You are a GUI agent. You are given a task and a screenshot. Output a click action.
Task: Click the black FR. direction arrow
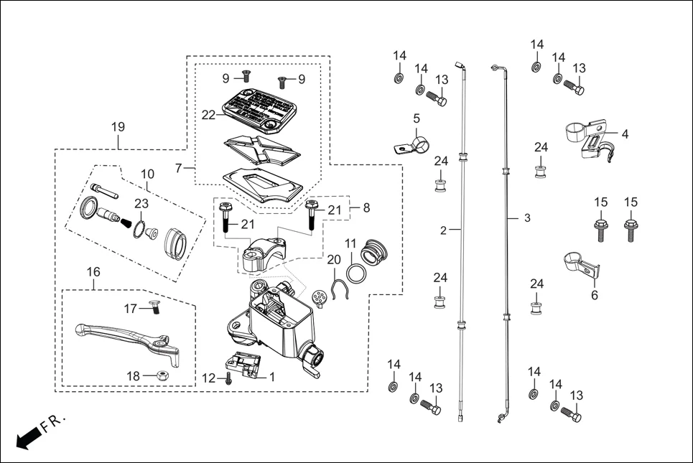pos(27,437)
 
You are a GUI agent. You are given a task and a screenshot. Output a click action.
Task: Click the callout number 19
pos(118,127)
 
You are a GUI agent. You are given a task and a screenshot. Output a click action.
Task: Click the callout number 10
pos(147,174)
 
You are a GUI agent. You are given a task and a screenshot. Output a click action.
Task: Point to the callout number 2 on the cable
pos(443,230)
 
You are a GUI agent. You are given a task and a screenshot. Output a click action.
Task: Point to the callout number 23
pos(141,204)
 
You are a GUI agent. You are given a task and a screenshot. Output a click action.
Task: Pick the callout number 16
pos(93,272)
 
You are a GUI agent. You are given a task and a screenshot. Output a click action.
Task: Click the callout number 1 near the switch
pos(272,375)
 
